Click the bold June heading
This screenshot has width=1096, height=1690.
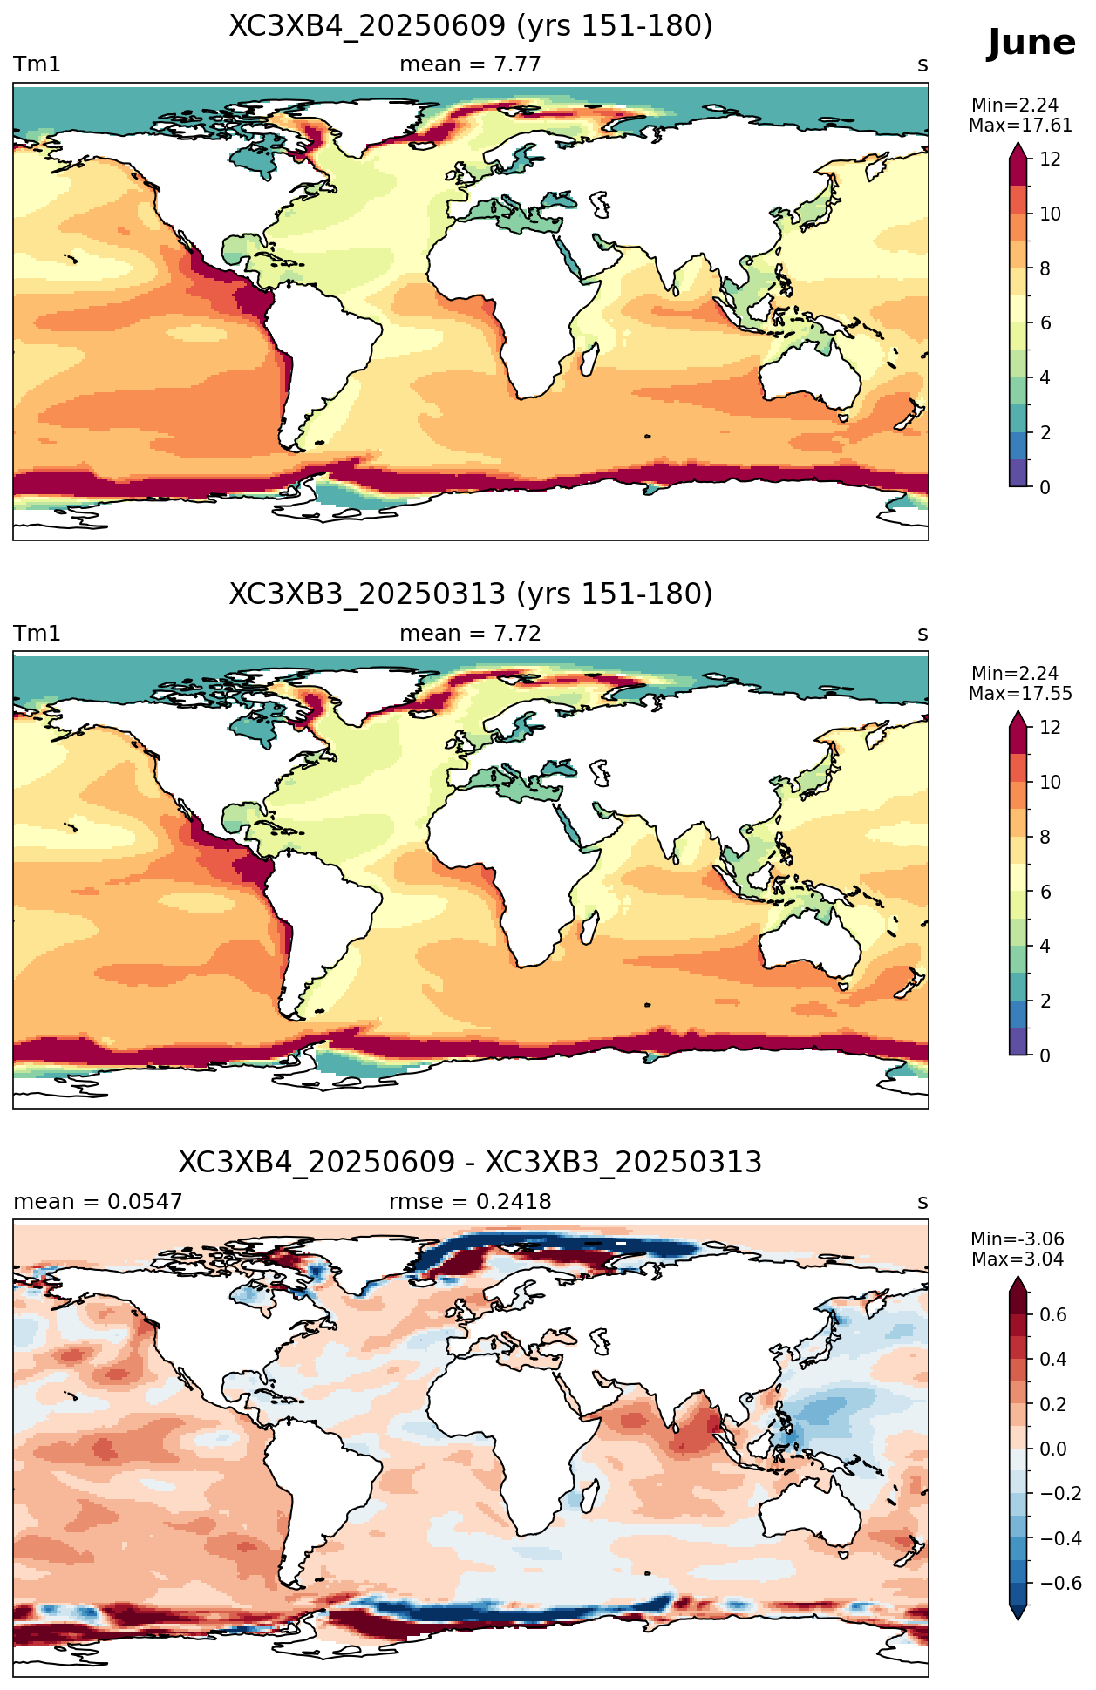click(1031, 43)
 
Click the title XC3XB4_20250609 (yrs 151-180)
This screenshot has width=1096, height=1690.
click(471, 26)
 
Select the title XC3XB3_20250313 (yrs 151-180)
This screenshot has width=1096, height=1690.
click(471, 594)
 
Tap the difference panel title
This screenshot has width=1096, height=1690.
click(471, 1163)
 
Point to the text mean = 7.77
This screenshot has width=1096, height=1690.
click(470, 64)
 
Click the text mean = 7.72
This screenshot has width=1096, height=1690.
click(470, 634)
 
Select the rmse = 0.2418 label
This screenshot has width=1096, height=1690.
click(470, 1202)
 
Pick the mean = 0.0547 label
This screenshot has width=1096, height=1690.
click(98, 1202)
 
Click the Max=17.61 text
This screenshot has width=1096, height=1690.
click(1020, 126)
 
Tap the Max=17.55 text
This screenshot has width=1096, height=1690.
click(1020, 694)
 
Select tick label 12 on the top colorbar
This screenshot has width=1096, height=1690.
click(1051, 159)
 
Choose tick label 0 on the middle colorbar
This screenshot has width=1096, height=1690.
click(1045, 1055)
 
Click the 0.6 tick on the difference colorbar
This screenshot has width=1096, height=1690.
click(1054, 1314)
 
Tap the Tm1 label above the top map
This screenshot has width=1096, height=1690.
click(37, 64)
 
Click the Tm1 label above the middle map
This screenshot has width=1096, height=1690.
click(37, 634)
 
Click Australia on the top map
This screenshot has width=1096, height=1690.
click(809, 370)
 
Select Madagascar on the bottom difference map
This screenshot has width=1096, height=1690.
click(592, 1495)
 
